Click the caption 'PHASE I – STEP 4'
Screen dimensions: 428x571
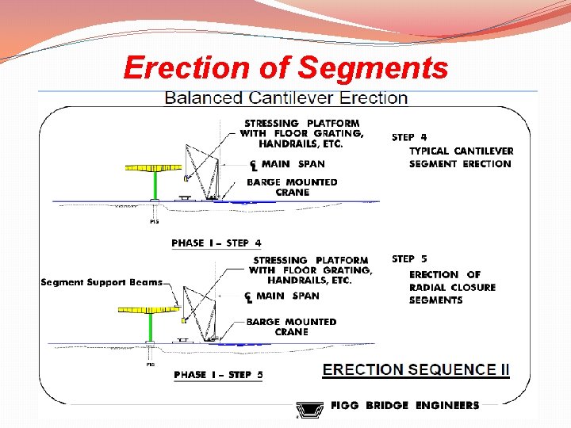pos(217,243)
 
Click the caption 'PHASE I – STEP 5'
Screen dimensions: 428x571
pos(218,374)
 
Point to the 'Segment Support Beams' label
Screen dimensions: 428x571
pos(102,282)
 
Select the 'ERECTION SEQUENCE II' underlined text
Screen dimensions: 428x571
pos(416,369)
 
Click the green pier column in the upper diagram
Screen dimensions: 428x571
pos(155,187)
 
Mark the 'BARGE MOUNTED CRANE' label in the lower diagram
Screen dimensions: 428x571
pos(291,327)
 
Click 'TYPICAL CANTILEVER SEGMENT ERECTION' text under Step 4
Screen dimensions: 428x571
pos(461,157)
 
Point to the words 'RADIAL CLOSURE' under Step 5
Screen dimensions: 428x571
pos(452,287)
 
